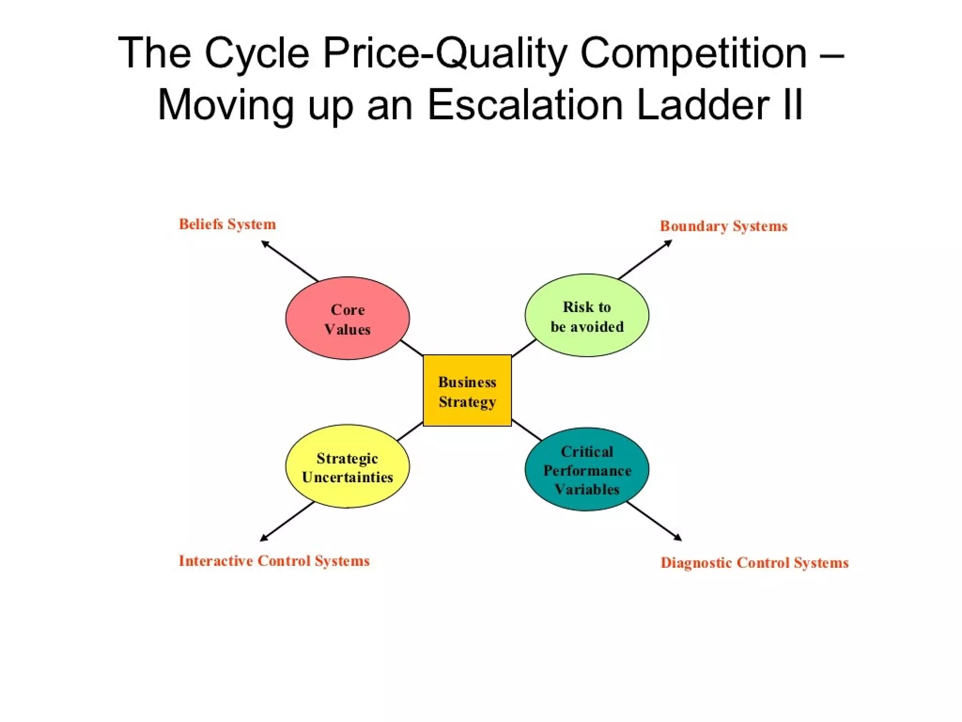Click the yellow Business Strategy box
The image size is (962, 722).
467,391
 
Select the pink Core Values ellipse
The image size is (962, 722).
347,318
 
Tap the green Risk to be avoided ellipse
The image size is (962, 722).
587,315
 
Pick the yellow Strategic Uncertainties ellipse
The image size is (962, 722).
347,466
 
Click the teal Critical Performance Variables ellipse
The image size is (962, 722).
587,469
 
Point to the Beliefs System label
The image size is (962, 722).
227,224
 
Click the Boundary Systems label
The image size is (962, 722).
723,226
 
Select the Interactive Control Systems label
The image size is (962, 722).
274,561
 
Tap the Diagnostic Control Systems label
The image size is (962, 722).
754,563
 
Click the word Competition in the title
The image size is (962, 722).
693,53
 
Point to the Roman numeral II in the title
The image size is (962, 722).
793,104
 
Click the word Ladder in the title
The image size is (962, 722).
702,104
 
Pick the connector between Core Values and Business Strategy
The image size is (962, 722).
412,348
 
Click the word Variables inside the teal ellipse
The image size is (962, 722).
587,489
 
